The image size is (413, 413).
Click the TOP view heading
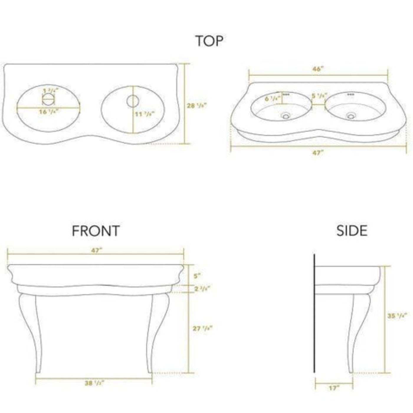[209, 41]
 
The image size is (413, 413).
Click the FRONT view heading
[96, 231]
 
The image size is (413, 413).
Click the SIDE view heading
[352, 231]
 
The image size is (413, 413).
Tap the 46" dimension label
[318, 69]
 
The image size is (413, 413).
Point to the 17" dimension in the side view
[334, 388]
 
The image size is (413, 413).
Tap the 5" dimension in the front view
[197, 276]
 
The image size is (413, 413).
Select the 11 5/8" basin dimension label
[145, 114]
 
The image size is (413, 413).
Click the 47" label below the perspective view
[318, 153]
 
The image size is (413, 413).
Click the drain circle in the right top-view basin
[132, 101]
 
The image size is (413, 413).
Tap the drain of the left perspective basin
[286, 116]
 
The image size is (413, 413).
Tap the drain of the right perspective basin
[351, 116]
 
